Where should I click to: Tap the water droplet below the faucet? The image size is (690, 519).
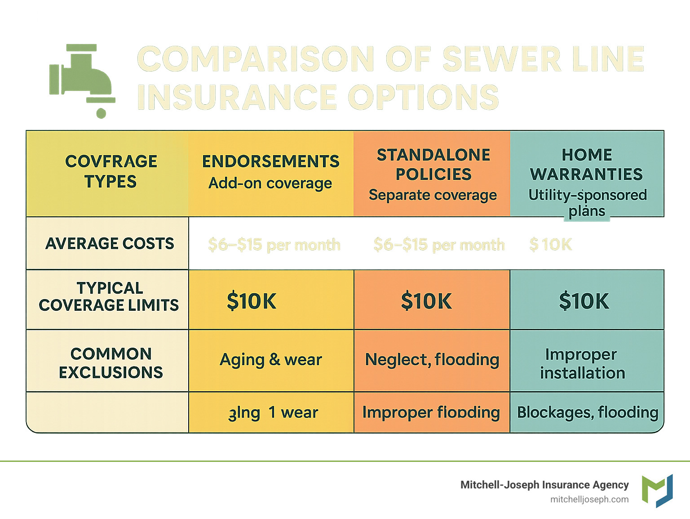tap(101, 112)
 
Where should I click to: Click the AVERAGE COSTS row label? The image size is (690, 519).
tap(109, 243)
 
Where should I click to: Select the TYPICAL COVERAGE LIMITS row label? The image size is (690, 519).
tap(109, 297)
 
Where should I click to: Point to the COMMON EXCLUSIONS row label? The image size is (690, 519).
tap(111, 362)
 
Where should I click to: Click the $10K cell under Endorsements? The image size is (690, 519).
tap(252, 301)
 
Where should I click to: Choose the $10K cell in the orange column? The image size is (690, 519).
tap(426, 301)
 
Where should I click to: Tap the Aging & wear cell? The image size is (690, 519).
tap(271, 360)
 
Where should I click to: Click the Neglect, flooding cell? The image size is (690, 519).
tap(432, 360)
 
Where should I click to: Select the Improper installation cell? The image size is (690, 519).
tap(582, 363)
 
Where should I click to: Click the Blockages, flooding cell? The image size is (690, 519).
tap(588, 412)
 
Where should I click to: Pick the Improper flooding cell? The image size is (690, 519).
tap(431, 412)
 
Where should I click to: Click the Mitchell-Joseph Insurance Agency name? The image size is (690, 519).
tap(544, 485)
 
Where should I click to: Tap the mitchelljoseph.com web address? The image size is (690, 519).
tap(589, 499)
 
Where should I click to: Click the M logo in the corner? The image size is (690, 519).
tap(657, 490)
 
